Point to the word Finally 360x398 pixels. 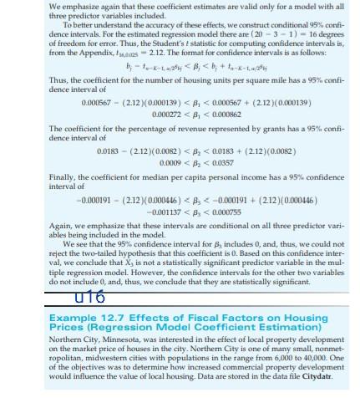[x=65, y=177]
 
